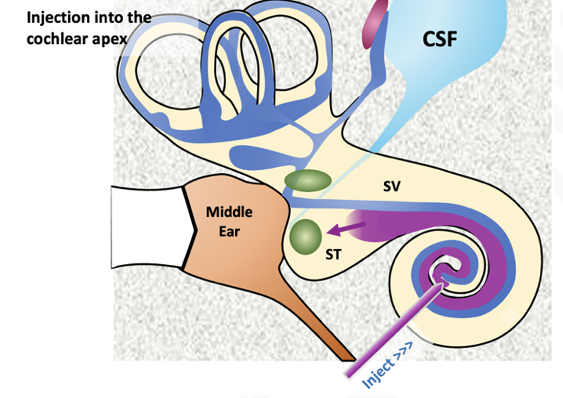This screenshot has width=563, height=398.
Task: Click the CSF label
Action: pyautogui.click(x=440, y=39)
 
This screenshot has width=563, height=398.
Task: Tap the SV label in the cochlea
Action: pyautogui.click(x=391, y=187)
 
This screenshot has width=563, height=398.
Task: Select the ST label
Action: pyautogui.click(x=333, y=254)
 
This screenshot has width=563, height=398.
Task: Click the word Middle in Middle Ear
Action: pyautogui.click(x=229, y=212)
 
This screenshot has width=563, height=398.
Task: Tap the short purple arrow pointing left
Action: pyautogui.click(x=347, y=229)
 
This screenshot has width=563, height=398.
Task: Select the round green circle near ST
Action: pyautogui.click(x=306, y=236)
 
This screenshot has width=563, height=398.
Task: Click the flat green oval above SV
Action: pyautogui.click(x=308, y=181)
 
